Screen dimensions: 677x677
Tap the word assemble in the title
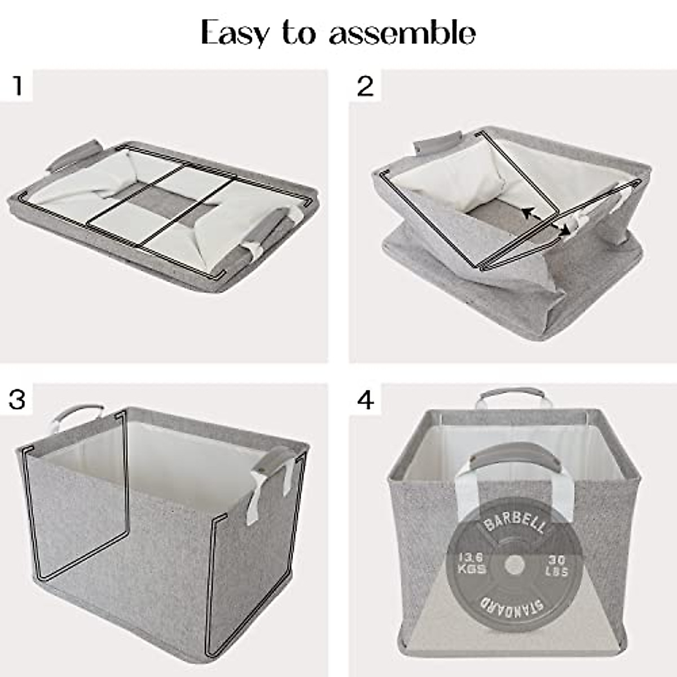(x=402, y=33)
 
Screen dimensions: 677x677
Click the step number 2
(x=365, y=86)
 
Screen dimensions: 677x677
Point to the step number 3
(x=17, y=399)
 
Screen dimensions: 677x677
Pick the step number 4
(x=366, y=400)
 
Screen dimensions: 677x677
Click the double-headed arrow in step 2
(x=544, y=221)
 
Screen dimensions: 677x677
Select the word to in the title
(x=299, y=33)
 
